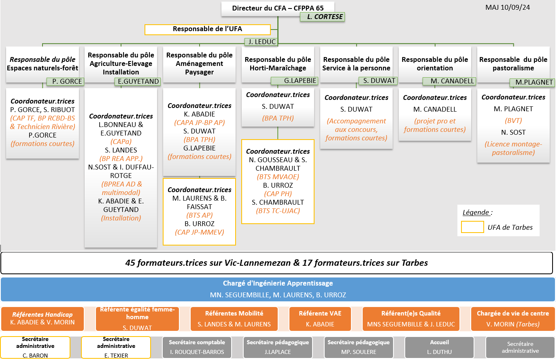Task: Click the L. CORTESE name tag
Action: pyautogui.click(x=322, y=17)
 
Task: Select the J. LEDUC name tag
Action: pyautogui.click(x=261, y=42)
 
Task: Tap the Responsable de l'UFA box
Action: pyautogui.click(x=208, y=29)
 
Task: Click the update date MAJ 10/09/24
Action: pyautogui.click(x=508, y=7)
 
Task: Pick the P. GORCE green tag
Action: pyautogui.click(x=66, y=81)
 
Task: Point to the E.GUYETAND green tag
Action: pyautogui.click(x=138, y=81)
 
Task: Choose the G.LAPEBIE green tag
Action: pyautogui.click(x=294, y=81)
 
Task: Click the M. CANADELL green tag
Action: pyautogui.click(x=449, y=81)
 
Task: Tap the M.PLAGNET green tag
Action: pyautogui.click(x=532, y=82)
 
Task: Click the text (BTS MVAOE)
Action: pyautogui.click(x=278, y=177)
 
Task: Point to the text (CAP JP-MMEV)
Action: pyautogui.click(x=200, y=232)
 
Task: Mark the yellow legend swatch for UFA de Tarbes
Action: pyautogui.click(x=472, y=227)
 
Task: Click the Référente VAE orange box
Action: pyautogui.click(x=320, y=319)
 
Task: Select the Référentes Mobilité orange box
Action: pyautogui.click(x=234, y=319)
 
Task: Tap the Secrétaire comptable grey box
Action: pyautogui.click(x=197, y=347)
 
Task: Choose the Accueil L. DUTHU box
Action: pyautogui.click(x=439, y=347)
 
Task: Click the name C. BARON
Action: pyautogui.click(x=35, y=356)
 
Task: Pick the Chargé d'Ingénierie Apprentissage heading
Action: pyautogui.click(x=278, y=283)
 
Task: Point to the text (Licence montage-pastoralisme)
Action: pyautogui.click(x=513, y=148)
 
